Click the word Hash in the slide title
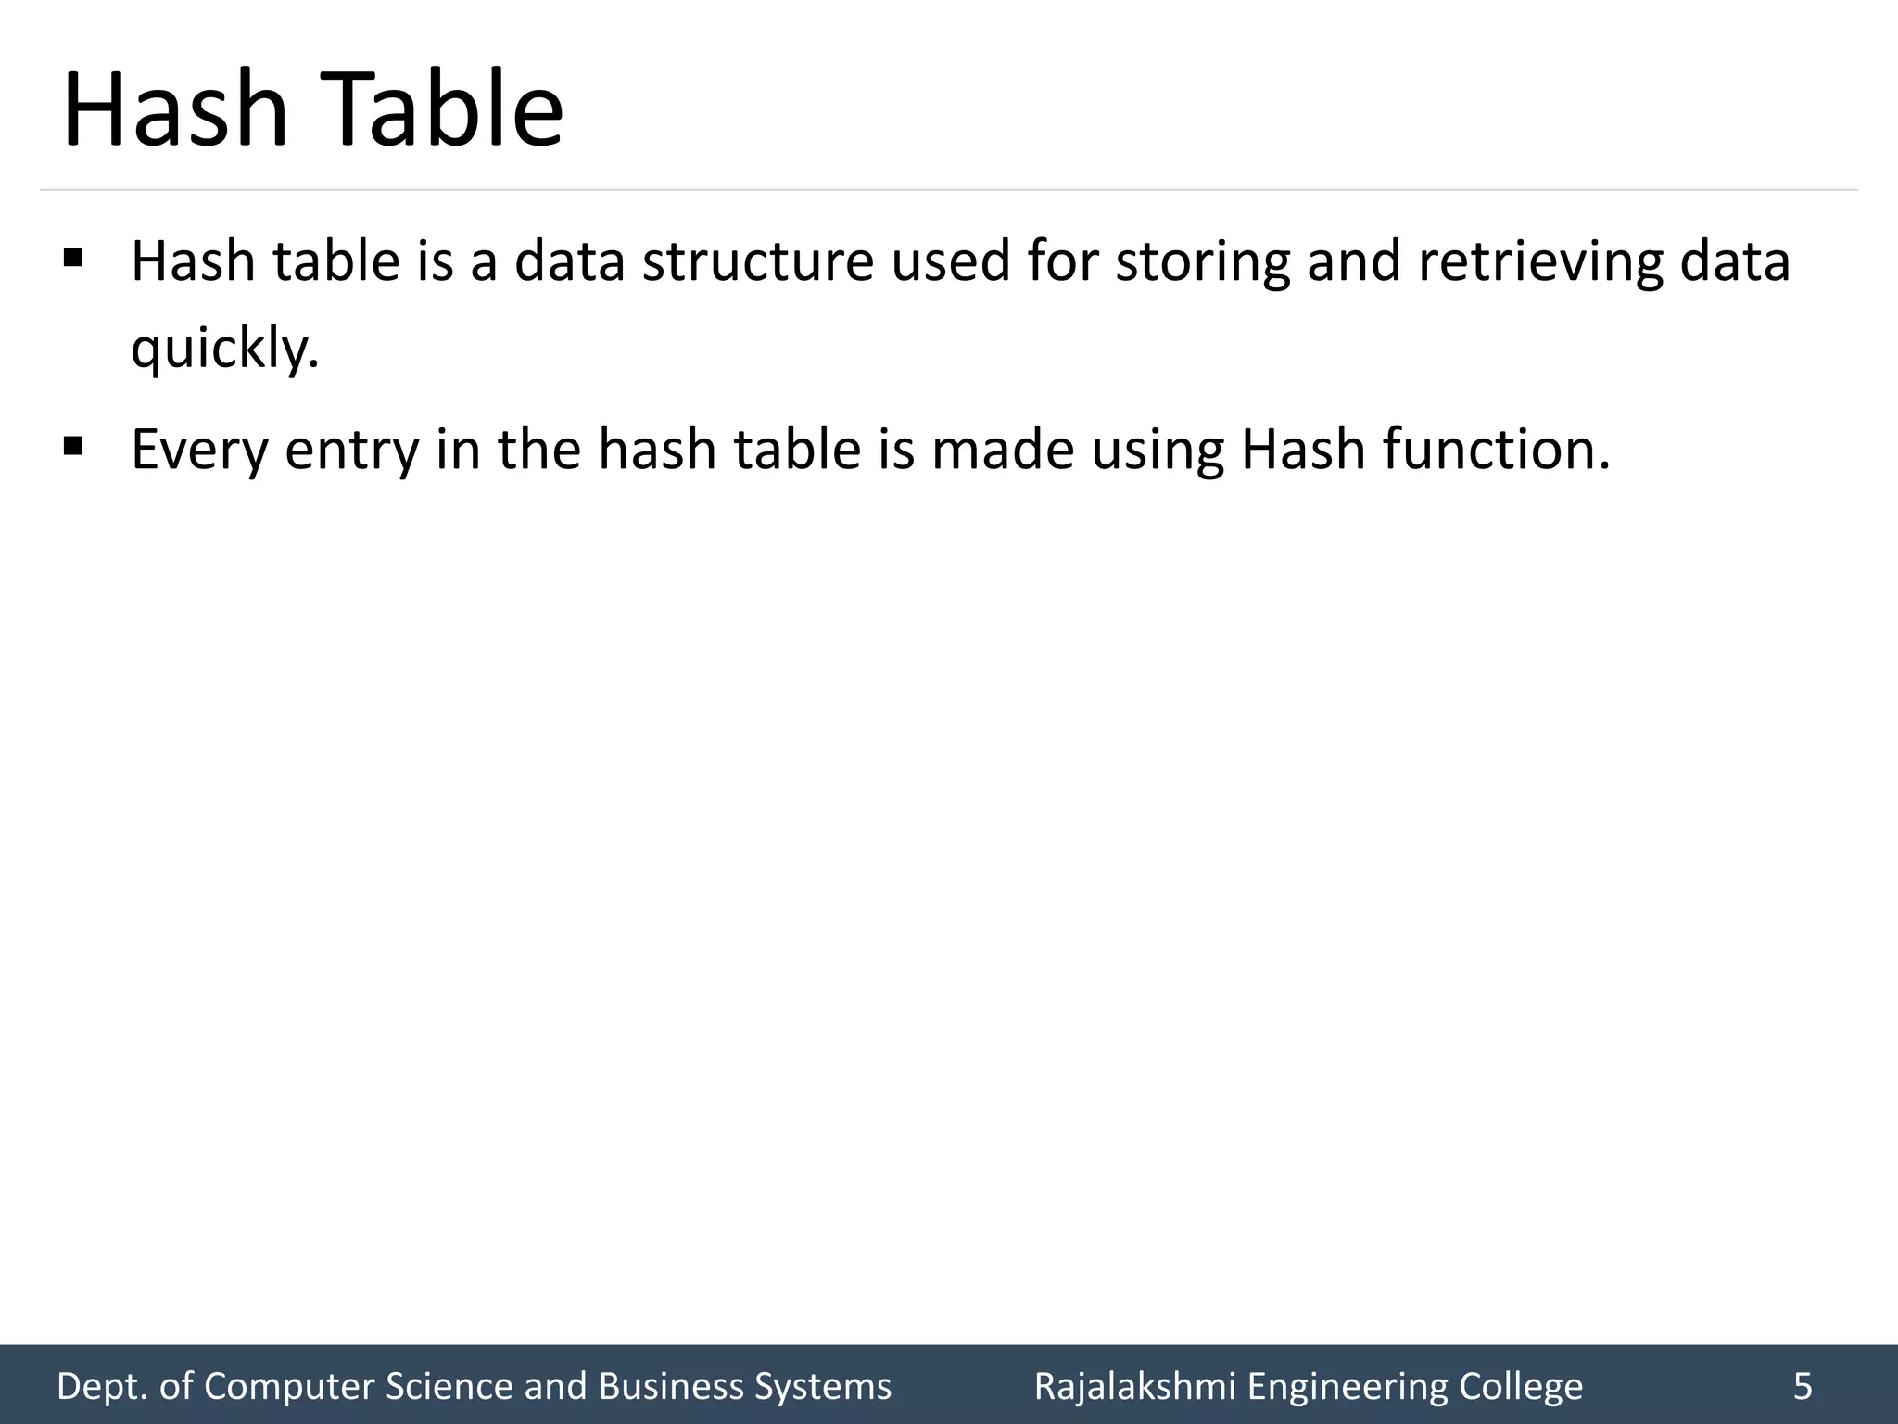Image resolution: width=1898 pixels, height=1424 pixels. click(x=175, y=109)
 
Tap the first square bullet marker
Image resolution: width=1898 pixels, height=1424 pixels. click(x=73, y=256)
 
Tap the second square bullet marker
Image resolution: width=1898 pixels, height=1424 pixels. click(x=73, y=448)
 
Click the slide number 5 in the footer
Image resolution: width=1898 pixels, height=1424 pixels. click(x=1803, y=1386)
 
